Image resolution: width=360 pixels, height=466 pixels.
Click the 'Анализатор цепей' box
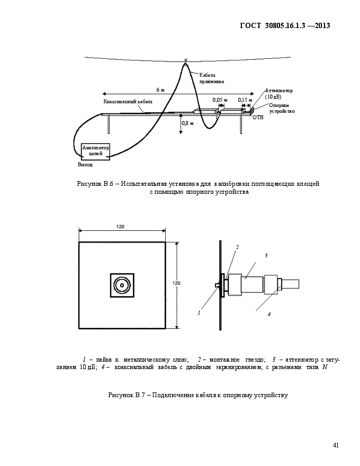(x=96, y=151)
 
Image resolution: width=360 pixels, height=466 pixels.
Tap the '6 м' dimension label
(x=160, y=89)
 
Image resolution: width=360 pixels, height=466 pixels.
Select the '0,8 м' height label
(x=188, y=123)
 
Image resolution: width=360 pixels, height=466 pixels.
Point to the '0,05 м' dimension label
(x=218, y=100)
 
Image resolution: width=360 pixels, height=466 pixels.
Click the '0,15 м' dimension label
(x=245, y=100)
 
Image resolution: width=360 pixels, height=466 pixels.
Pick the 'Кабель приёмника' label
(x=211, y=78)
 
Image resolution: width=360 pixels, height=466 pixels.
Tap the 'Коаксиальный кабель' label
(x=128, y=102)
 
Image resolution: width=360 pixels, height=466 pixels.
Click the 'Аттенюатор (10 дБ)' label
(x=278, y=94)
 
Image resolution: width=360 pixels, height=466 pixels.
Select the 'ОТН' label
(x=258, y=118)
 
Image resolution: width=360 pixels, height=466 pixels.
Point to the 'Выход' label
(x=85, y=165)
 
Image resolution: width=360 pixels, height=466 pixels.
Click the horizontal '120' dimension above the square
(x=120, y=227)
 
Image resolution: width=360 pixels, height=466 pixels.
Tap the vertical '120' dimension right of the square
(x=176, y=283)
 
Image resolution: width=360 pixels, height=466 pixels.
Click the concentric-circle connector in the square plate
(x=122, y=285)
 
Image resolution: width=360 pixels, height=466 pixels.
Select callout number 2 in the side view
(x=237, y=247)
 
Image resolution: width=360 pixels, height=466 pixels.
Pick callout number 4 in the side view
(x=269, y=314)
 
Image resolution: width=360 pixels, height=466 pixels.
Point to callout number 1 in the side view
(x=199, y=312)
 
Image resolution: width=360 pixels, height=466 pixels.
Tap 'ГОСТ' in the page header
(x=250, y=25)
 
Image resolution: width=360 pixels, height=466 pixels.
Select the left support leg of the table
(x=109, y=124)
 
